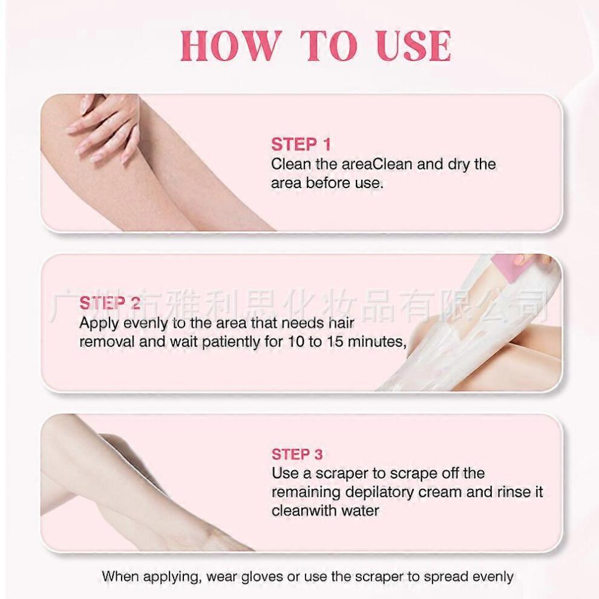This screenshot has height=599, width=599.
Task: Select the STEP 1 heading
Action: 301,145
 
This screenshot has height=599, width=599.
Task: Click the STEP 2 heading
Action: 110,303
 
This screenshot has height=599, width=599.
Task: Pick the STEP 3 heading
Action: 297,454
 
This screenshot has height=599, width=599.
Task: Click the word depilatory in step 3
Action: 387,491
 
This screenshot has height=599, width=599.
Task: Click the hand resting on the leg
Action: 103,127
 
